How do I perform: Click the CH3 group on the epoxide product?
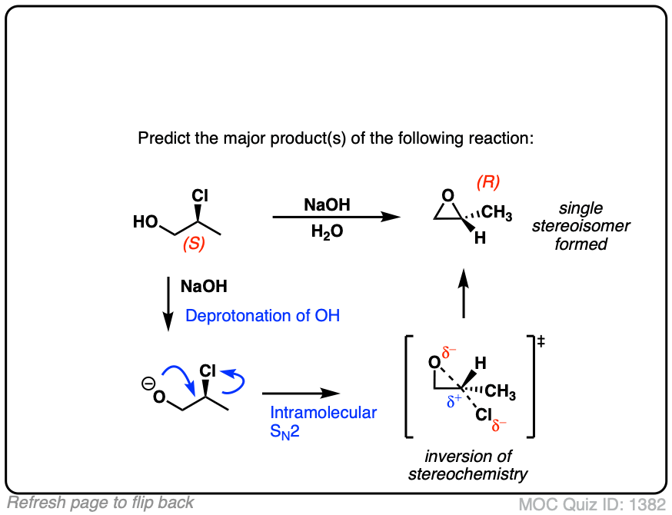click(497, 214)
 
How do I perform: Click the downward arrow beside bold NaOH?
click(168, 304)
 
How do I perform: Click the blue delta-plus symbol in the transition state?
click(455, 400)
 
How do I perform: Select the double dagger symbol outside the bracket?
click(542, 342)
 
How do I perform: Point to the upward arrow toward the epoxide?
click(464, 295)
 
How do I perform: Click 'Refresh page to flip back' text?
click(101, 503)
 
